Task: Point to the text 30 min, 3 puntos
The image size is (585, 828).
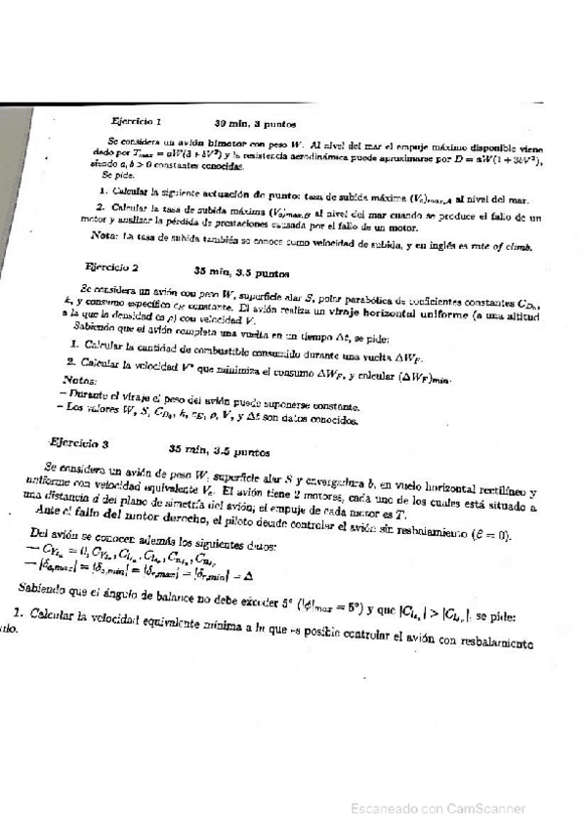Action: pos(255,124)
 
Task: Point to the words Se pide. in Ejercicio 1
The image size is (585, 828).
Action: pos(115,177)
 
